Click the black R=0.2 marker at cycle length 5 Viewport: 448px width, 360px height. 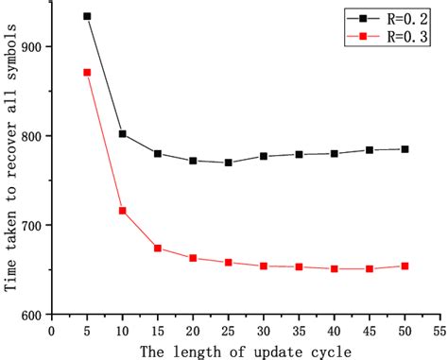tap(87, 16)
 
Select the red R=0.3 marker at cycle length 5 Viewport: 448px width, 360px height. tap(87, 72)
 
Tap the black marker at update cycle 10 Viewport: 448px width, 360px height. tap(123, 134)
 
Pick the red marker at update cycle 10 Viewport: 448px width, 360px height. tap(123, 210)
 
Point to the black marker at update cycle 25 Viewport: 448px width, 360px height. tap(229, 163)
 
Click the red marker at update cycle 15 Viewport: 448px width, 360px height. tap(158, 248)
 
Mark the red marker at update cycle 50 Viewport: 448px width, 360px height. tap(405, 266)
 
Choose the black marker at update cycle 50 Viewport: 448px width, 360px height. tap(405, 149)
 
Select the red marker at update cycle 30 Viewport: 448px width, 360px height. tap(264, 266)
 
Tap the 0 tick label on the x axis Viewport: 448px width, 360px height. tap(52, 331)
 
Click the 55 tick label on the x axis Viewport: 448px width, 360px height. tap(439, 331)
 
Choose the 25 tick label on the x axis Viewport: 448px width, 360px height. tap(229, 331)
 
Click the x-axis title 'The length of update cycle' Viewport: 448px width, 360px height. tap(246, 351)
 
